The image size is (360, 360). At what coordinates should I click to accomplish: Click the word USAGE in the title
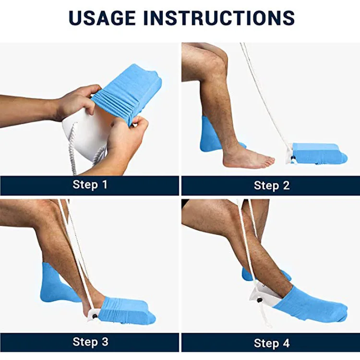coord(102,18)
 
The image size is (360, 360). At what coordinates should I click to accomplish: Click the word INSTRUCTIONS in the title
coord(219,18)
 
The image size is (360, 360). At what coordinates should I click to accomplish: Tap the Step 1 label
coord(90,185)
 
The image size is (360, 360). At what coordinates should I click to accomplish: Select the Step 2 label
coord(272,185)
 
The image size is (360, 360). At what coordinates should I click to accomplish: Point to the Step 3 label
coord(90,342)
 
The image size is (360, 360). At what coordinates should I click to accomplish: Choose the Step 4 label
coord(272,343)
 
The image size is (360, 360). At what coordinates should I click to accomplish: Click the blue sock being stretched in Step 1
coord(129,92)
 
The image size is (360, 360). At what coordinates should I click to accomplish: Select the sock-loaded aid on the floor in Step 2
coord(317,154)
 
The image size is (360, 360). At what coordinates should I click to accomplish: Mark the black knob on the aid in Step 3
coord(95,316)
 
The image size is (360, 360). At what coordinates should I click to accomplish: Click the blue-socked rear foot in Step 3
coord(58,285)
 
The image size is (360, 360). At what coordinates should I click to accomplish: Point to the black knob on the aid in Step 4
coord(260,300)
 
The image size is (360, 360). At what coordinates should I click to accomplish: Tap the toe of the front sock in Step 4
coord(340,314)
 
